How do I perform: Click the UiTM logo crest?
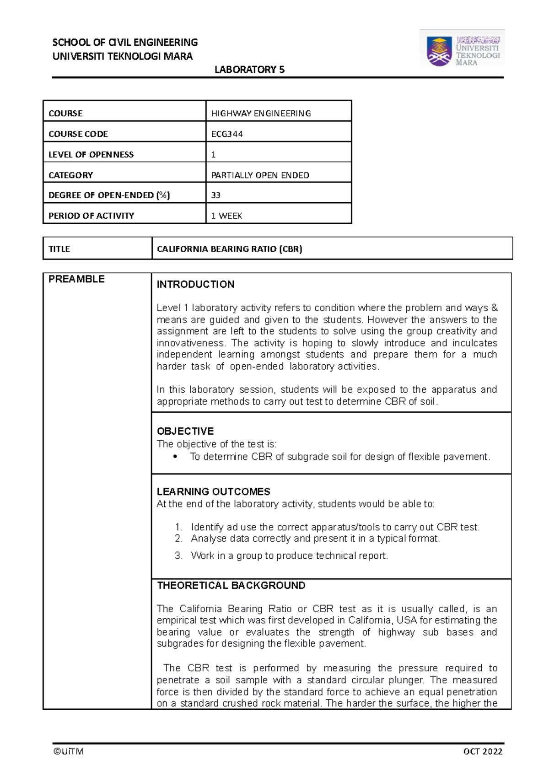pos(439,51)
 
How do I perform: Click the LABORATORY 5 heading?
pos(249,70)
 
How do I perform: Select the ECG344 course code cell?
pos(227,134)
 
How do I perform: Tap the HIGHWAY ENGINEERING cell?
pos(261,113)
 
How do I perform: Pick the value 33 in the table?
pos(216,195)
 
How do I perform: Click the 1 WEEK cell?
pos(226,216)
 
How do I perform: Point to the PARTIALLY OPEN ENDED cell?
pos(260,175)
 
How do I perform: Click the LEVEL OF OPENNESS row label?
pos(91,155)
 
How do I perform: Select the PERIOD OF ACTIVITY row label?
pos(91,216)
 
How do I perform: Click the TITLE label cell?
pos(59,249)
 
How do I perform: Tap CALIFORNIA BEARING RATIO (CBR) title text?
pos(229,249)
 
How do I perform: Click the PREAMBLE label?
pos(76,279)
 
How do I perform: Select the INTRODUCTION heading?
pos(195,284)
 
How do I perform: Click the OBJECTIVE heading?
pos(185,431)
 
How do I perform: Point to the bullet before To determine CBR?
pos(175,457)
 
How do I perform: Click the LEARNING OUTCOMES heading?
pos(213,491)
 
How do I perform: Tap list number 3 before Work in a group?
pos(178,556)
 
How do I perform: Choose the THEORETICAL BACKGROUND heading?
pos(231,585)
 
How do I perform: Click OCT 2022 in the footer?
pos(483,751)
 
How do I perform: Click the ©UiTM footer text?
pos(68,751)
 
